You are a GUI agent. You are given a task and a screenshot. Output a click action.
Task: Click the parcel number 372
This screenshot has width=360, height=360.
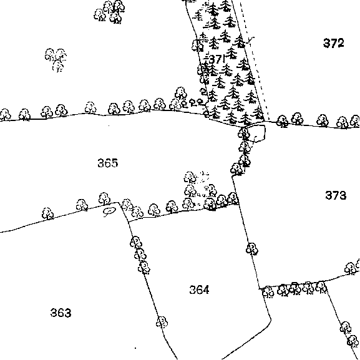click(334, 43)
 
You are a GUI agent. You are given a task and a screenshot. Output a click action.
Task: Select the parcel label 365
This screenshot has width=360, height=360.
click(108, 163)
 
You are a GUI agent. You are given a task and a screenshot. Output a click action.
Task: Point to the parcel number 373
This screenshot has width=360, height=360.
click(336, 195)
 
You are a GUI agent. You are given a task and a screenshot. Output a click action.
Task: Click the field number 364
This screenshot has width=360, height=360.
click(199, 289)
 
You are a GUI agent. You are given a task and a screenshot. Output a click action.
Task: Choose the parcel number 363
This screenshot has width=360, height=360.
click(61, 313)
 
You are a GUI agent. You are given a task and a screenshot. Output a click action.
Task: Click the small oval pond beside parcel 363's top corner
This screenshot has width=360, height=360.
click(109, 212)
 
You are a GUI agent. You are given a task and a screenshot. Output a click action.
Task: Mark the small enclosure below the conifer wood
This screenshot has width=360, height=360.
click(255, 133)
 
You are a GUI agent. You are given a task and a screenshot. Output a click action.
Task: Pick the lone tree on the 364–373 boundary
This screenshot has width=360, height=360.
click(252, 249)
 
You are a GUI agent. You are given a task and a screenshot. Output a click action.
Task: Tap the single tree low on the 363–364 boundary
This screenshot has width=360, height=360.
click(162, 322)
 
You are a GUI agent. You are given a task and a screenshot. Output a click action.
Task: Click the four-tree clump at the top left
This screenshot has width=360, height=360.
click(110, 12)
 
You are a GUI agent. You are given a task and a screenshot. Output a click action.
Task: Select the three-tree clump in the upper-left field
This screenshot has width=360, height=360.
click(56, 60)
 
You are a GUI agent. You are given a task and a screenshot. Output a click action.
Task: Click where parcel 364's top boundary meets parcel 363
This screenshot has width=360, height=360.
click(129, 222)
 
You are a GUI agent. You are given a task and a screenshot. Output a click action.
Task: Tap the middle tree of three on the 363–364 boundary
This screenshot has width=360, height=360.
click(140, 255)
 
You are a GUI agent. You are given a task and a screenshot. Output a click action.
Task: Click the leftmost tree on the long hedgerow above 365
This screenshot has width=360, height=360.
click(5, 115)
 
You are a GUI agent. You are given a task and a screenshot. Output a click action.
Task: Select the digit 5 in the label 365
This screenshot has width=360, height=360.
click(115, 163)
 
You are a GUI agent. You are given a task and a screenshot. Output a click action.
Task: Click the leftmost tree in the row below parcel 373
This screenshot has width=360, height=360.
click(268, 292)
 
